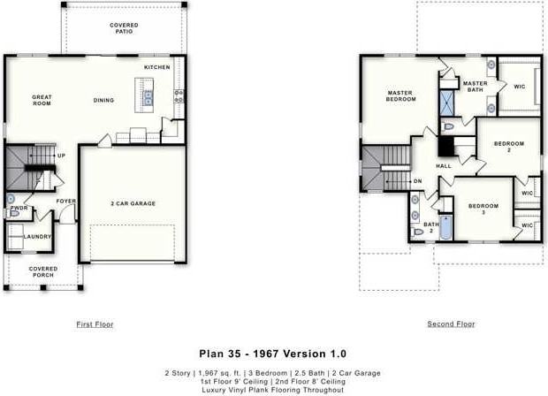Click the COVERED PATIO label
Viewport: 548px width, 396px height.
(x=124, y=28)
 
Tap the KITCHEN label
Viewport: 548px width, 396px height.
(x=156, y=67)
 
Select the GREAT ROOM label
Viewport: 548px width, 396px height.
(x=42, y=101)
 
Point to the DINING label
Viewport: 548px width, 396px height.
(x=103, y=100)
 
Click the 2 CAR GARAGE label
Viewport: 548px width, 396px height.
(x=133, y=203)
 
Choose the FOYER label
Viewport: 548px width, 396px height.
(x=66, y=201)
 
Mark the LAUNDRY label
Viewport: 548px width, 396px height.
(x=37, y=236)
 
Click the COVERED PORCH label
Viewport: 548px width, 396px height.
(x=42, y=272)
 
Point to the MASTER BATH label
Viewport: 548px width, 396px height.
(x=475, y=86)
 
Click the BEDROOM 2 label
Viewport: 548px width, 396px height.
(x=508, y=146)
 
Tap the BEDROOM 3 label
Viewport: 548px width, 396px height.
(x=483, y=209)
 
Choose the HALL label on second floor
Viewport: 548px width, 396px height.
(x=443, y=165)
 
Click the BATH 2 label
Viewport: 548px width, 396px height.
(x=430, y=227)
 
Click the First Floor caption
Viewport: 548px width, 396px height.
(x=95, y=324)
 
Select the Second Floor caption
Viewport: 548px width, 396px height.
(x=451, y=324)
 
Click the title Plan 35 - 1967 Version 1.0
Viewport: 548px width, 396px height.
(x=273, y=354)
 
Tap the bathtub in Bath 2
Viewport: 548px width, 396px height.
(x=446, y=228)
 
